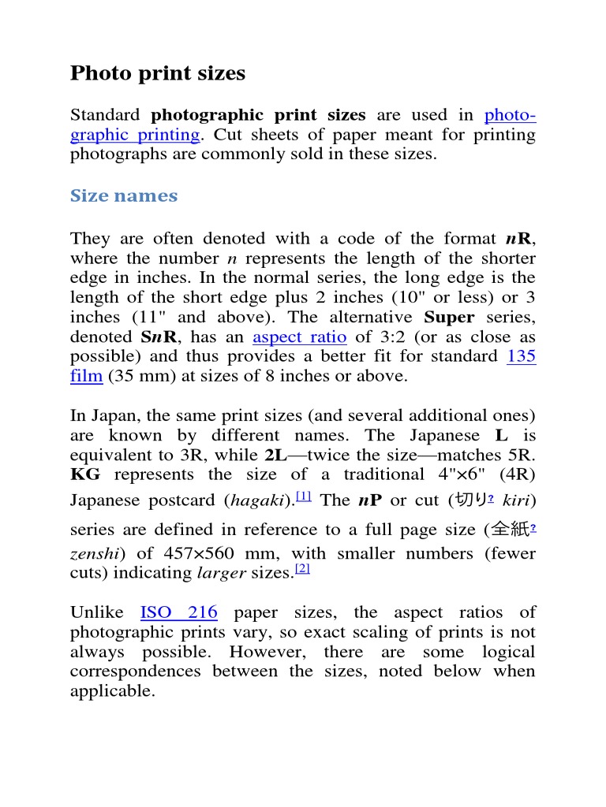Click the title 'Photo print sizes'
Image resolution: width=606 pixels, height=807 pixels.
tap(158, 73)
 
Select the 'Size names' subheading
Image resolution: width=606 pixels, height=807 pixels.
tap(124, 195)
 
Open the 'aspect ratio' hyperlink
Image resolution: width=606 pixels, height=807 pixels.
tap(300, 337)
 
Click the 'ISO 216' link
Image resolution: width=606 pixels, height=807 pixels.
tap(178, 612)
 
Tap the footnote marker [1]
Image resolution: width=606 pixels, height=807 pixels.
tap(304, 496)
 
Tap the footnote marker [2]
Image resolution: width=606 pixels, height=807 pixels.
tap(301, 569)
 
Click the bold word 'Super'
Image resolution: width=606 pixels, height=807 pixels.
tap(449, 317)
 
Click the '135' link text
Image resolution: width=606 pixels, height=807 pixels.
tap(521, 356)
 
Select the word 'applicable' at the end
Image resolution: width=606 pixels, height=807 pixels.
tap(111, 691)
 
